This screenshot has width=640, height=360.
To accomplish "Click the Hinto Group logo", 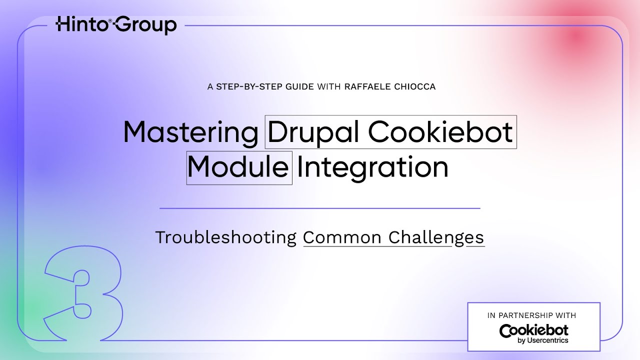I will pyautogui.click(x=116, y=24).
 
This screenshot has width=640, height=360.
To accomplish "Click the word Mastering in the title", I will pyautogui.click(x=190, y=132).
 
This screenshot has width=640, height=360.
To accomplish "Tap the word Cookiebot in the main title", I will pyautogui.click(x=440, y=132).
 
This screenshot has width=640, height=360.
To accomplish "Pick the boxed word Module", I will pyautogui.click(x=239, y=167).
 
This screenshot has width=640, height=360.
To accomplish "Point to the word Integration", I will pyautogui.click(x=372, y=167).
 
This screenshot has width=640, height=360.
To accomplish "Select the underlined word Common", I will pyautogui.click(x=342, y=237).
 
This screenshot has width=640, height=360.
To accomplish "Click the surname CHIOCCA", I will pyautogui.click(x=414, y=86).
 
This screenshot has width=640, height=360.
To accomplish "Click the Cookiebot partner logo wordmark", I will pyautogui.click(x=533, y=330).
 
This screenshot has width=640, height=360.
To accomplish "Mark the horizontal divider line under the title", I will pyautogui.click(x=319, y=208).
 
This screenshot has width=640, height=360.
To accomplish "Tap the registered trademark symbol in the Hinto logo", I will pyautogui.click(x=110, y=20).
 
